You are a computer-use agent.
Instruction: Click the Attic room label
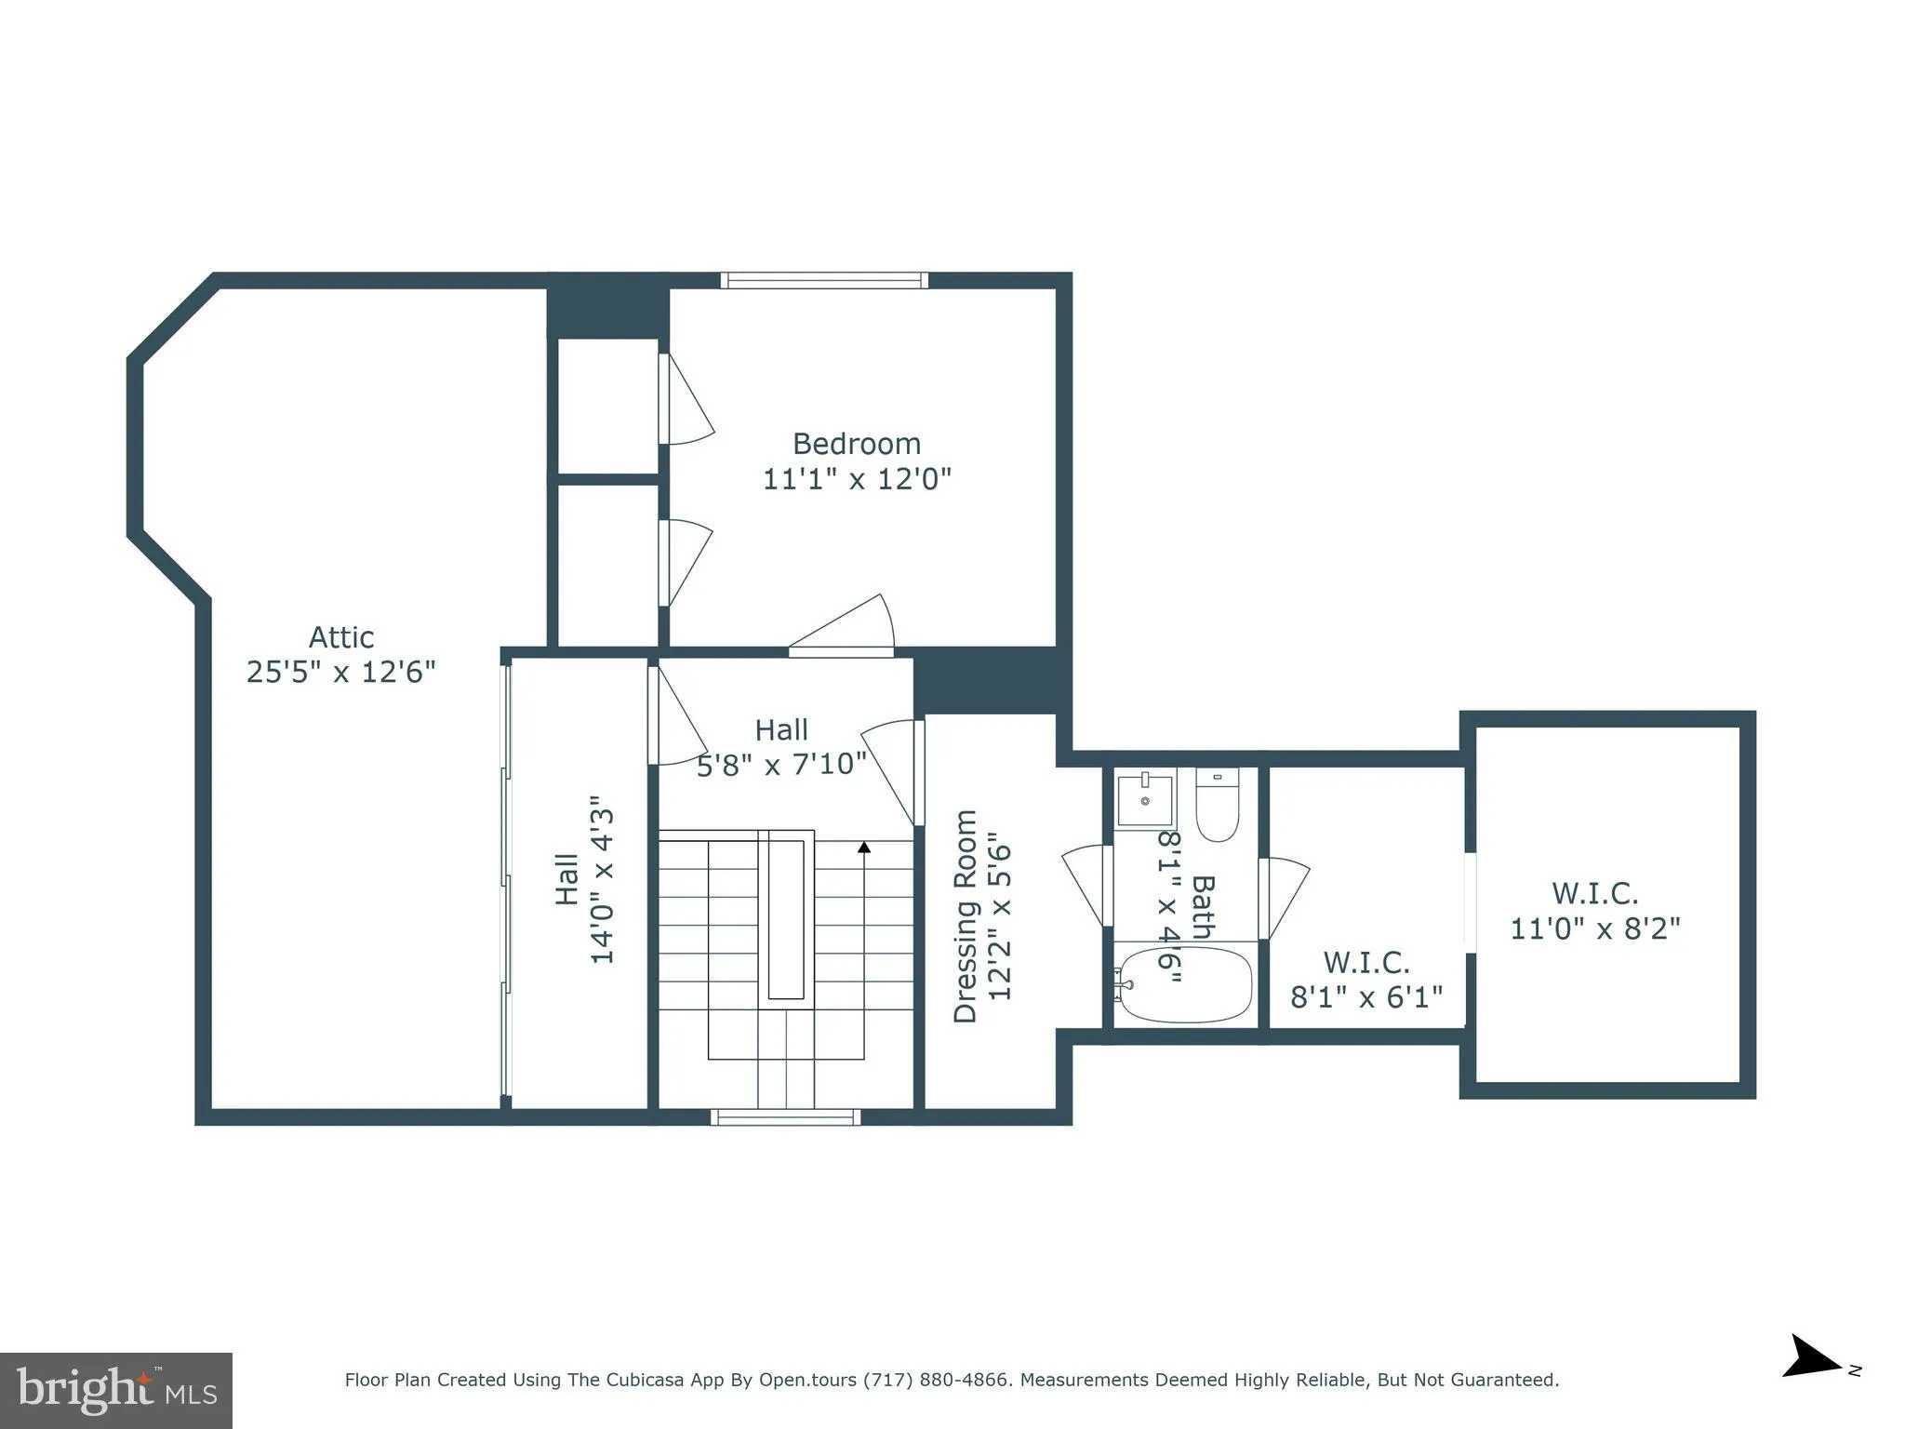click(x=341, y=637)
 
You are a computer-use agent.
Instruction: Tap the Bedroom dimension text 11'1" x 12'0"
click(x=857, y=479)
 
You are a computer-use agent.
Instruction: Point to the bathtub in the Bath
click(x=1185, y=985)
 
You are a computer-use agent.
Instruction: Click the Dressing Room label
click(x=966, y=916)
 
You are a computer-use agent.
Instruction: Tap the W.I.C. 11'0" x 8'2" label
click(x=1594, y=911)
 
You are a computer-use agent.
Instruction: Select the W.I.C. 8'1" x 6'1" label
click(x=1365, y=980)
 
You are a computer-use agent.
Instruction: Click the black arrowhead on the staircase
click(x=864, y=847)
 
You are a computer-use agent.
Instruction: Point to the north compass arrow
click(x=1810, y=1382)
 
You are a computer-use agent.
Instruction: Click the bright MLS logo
click(x=115, y=1390)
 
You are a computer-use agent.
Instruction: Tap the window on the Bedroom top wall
click(x=824, y=280)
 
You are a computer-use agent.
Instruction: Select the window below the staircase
click(x=786, y=1117)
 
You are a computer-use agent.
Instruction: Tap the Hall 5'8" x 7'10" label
click(x=781, y=747)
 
